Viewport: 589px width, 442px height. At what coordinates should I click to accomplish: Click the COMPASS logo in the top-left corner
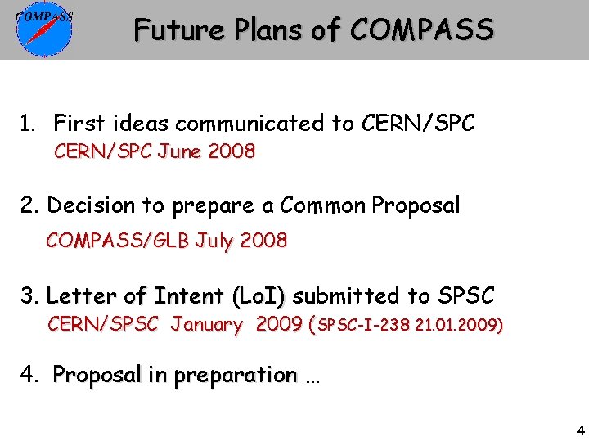(44, 30)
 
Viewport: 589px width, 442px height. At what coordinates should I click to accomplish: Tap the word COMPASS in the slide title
(421, 31)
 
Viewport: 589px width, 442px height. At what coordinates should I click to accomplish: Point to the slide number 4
(580, 431)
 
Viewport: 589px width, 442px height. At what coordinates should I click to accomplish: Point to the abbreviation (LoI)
(259, 295)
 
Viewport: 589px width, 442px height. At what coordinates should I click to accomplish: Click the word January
(207, 325)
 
